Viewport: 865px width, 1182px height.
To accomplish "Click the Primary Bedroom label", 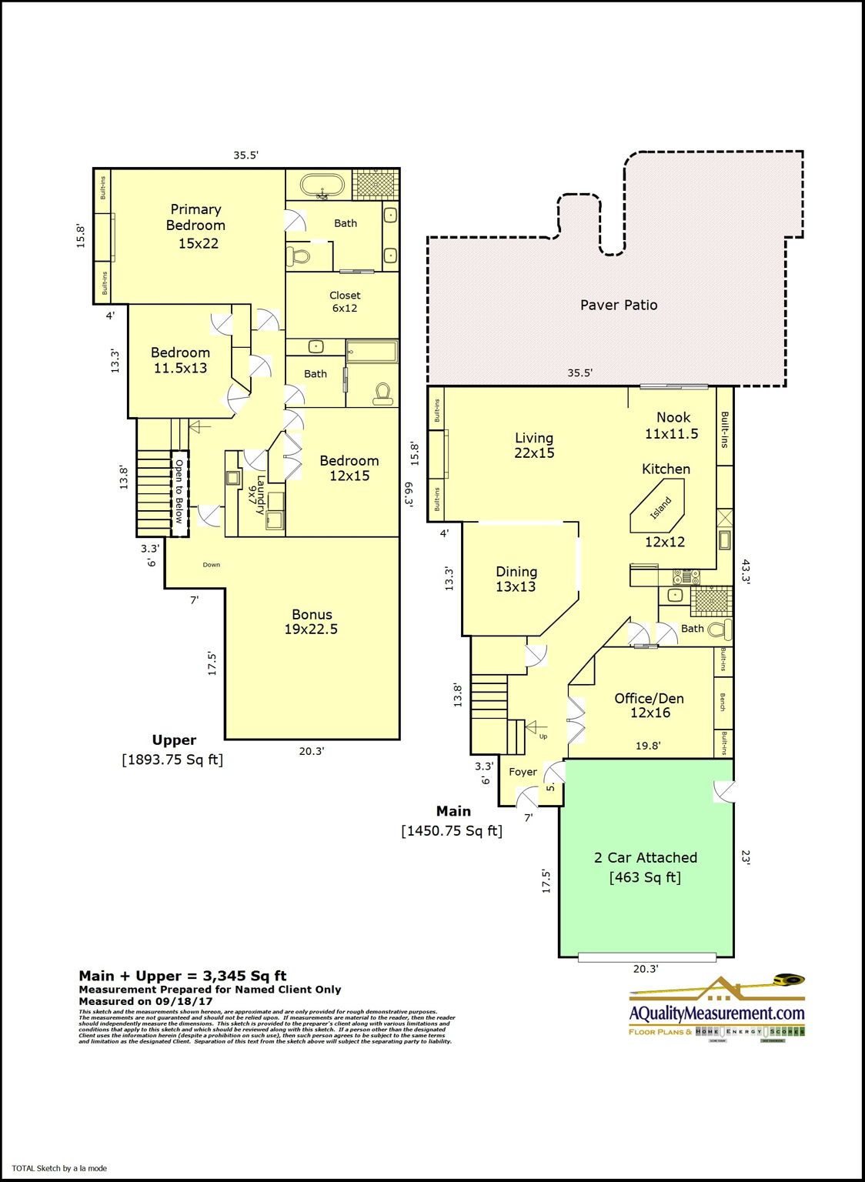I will click(x=196, y=226).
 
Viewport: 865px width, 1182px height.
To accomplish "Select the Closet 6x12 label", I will click(x=345, y=302).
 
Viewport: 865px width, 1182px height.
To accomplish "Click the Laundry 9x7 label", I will click(x=256, y=495).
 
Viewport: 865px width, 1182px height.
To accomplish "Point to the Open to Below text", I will click(x=179, y=492).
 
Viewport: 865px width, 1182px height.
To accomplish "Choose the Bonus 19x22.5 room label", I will click(x=312, y=622).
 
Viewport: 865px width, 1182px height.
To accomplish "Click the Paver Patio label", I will click(x=619, y=306).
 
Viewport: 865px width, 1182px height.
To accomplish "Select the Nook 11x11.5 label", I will click(x=672, y=426).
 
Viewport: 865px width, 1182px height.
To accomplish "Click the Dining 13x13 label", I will click(x=516, y=579).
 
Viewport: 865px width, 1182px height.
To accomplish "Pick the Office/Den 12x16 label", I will click(x=649, y=706).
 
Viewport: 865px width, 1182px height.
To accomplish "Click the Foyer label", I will click(x=523, y=772).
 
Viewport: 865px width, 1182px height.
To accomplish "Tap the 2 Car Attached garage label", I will click(x=645, y=867).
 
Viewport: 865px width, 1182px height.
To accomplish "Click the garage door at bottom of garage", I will click(x=646, y=957).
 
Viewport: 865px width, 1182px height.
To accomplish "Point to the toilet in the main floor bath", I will click(x=720, y=630).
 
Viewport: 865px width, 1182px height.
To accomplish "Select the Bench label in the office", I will click(x=723, y=702).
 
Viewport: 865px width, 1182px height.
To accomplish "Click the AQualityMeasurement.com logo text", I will click(x=716, y=1013).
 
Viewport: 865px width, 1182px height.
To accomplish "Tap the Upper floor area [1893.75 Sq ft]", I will click(x=172, y=760).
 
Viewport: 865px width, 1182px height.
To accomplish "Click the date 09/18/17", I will click(x=185, y=1001).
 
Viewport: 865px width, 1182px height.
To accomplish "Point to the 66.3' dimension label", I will click(x=408, y=494).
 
